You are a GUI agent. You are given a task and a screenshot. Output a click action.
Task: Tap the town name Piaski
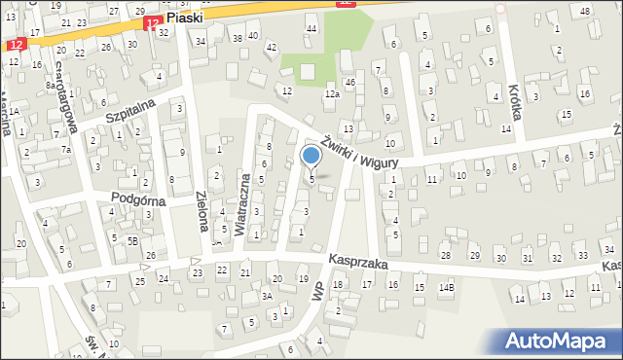(184, 18)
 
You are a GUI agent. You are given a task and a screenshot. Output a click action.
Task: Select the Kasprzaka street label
(357, 262)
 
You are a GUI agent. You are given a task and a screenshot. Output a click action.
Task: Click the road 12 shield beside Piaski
(150, 21)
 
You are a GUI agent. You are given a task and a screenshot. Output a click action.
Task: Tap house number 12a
(332, 93)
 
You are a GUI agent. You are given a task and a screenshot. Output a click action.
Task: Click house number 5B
(132, 239)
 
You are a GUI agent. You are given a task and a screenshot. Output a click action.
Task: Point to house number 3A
(266, 296)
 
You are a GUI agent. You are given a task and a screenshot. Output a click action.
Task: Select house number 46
(349, 84)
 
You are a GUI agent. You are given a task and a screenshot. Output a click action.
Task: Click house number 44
(311, 29)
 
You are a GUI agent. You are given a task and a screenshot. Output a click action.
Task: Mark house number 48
(585, 11)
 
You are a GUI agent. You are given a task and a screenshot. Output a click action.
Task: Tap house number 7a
(66, 150)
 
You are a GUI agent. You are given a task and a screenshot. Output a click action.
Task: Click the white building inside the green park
(308, 71)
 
